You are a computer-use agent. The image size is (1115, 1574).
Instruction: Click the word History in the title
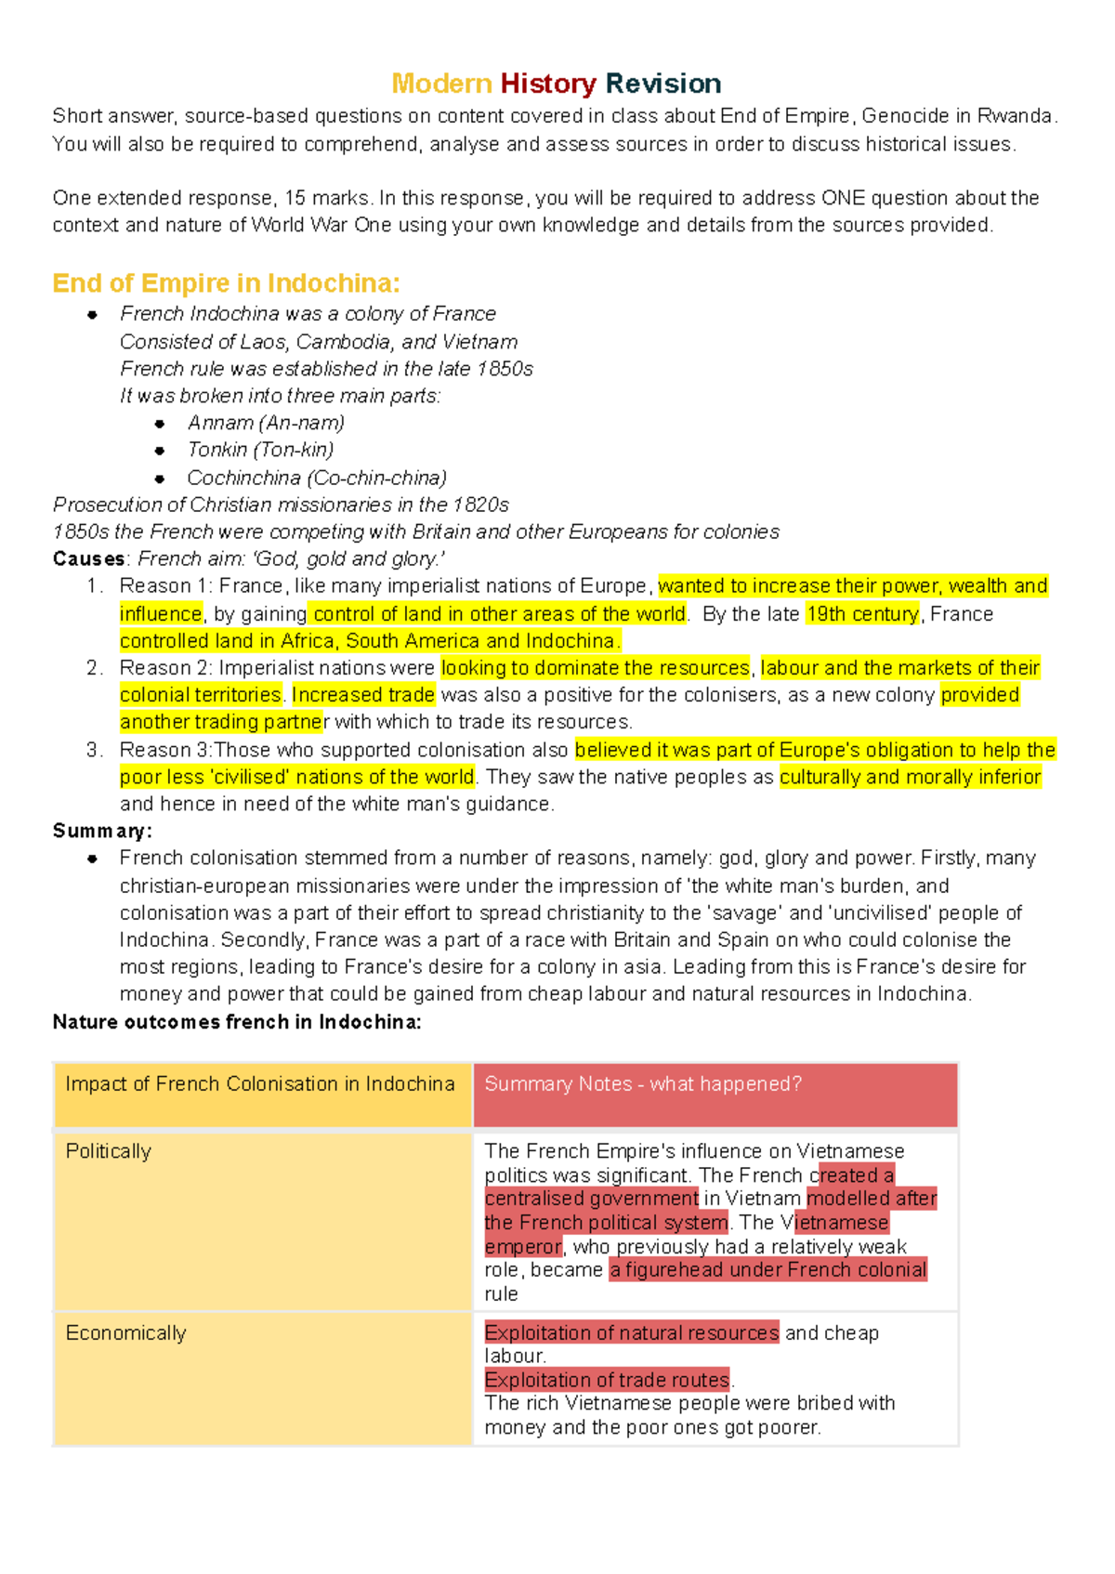click(x=547, y=84)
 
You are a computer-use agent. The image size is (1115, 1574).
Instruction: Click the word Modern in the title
click(x=441, y=84)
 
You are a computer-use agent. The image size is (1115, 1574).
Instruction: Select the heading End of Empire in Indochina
click(x=226, y=282)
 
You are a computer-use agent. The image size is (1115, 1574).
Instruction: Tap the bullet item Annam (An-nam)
click(x=266, y=423)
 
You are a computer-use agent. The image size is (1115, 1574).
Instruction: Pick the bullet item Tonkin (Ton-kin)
click(x=260, y=450)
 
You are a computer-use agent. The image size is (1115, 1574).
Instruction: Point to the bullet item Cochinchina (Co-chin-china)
click(x=317, y=478)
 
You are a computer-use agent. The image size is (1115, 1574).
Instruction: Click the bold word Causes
click(x=88, y=558)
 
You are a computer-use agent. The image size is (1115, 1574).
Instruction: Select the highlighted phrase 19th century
click(x=861, y=613)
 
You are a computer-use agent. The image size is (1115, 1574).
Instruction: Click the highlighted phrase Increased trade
click(x=363, y=695)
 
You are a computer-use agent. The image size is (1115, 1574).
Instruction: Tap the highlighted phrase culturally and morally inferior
click(x=910, y=777)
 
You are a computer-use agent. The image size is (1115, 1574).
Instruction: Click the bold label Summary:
click(x=102, y=831)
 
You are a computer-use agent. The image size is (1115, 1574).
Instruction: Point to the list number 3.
click(x=93, y=750)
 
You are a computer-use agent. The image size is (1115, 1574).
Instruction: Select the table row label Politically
click(x=109, y=1151)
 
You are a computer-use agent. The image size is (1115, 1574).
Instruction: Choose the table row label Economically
click(x=126, y=1333)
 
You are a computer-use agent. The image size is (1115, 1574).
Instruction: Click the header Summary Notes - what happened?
click(x=642, y=1083)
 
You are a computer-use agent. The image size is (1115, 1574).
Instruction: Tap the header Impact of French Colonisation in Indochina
click(x=260, y=1083)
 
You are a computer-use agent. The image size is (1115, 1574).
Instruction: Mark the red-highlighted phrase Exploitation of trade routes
click(x=607, y=1380)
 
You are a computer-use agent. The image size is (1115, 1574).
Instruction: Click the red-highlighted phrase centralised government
click(x=591, y=1199)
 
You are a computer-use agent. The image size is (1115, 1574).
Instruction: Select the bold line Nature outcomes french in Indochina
click(x=237, y=1022)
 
